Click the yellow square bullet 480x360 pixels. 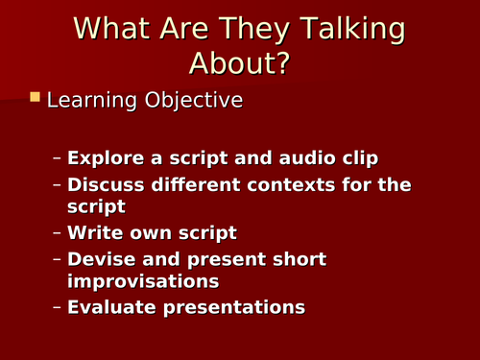36,98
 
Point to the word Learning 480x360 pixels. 89,101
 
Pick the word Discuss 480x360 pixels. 103,184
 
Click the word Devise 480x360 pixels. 99,259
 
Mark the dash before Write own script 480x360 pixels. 57,232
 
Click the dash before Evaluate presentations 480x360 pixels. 57,307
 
